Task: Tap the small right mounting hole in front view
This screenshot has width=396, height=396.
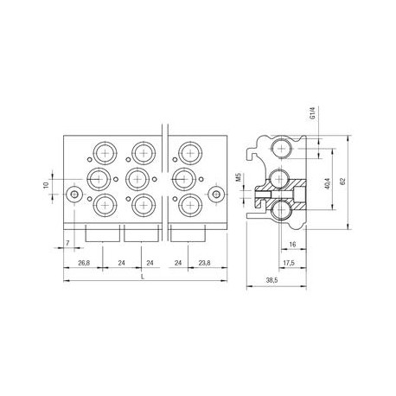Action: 211,196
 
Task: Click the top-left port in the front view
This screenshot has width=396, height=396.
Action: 106,153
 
